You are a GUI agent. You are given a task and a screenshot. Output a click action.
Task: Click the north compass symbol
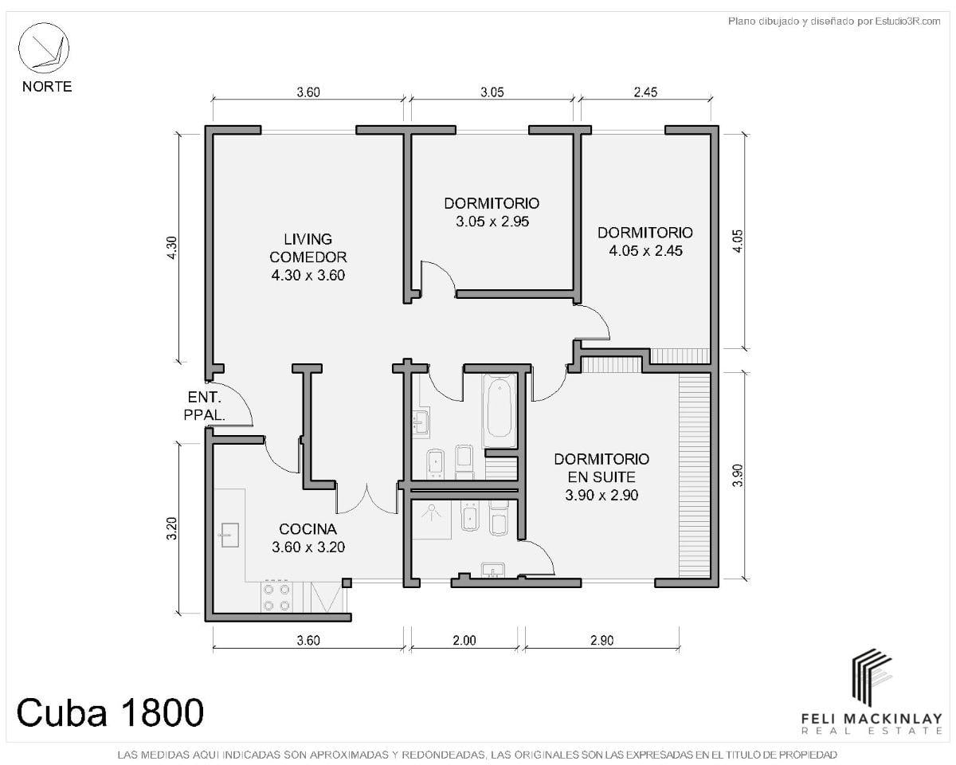(44, 48)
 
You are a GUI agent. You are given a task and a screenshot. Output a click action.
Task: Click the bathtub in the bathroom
(500, 410)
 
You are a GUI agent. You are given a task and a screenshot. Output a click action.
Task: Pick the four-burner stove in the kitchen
(276, 598)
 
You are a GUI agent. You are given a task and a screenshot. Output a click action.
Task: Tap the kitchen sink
(229, 535)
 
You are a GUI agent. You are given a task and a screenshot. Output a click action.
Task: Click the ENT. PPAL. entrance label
(205, 406)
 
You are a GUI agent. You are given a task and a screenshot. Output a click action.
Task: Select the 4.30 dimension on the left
(171, 248)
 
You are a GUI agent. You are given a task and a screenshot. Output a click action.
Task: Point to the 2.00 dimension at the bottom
(464, 640)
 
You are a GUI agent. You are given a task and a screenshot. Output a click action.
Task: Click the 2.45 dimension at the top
(645, 92)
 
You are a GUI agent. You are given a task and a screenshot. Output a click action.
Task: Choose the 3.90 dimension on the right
(738, 475)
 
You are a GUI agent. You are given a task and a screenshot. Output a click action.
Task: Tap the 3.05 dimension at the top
(492, 92)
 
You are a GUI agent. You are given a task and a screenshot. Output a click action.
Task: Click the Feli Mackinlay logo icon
(872, 677)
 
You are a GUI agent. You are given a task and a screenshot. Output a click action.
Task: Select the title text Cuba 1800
(110, 712)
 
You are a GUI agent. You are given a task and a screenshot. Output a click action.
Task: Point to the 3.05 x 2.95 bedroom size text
(492, 222)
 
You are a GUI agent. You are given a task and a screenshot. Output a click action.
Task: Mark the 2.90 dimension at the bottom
(602, 640)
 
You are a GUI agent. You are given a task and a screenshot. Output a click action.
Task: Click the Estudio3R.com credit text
(833, 22)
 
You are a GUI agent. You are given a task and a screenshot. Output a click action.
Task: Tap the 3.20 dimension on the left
(171, 528)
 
